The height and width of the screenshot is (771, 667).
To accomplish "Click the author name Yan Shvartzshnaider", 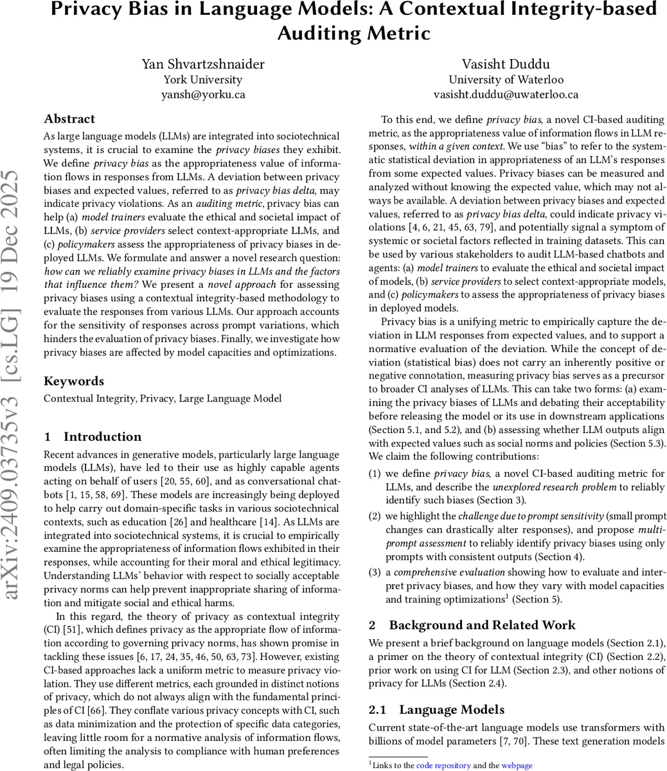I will [202, 64].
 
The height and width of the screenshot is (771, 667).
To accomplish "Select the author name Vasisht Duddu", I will [506, 64].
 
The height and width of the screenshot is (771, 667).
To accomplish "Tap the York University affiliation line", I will [202, 80].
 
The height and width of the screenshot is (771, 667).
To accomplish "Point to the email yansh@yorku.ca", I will [202, 94].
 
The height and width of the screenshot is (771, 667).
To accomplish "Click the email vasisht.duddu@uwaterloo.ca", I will [506, 94].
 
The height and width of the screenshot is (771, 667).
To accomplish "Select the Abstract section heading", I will [69, 119].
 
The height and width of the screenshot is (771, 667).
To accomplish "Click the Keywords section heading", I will [73, 381].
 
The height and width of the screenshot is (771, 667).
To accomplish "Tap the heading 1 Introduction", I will [93, 437].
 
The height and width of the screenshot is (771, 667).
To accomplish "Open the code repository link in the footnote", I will [443, 765].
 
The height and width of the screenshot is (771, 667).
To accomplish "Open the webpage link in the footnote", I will [517, 765].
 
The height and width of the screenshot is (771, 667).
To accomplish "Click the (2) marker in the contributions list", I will [375, 516].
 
